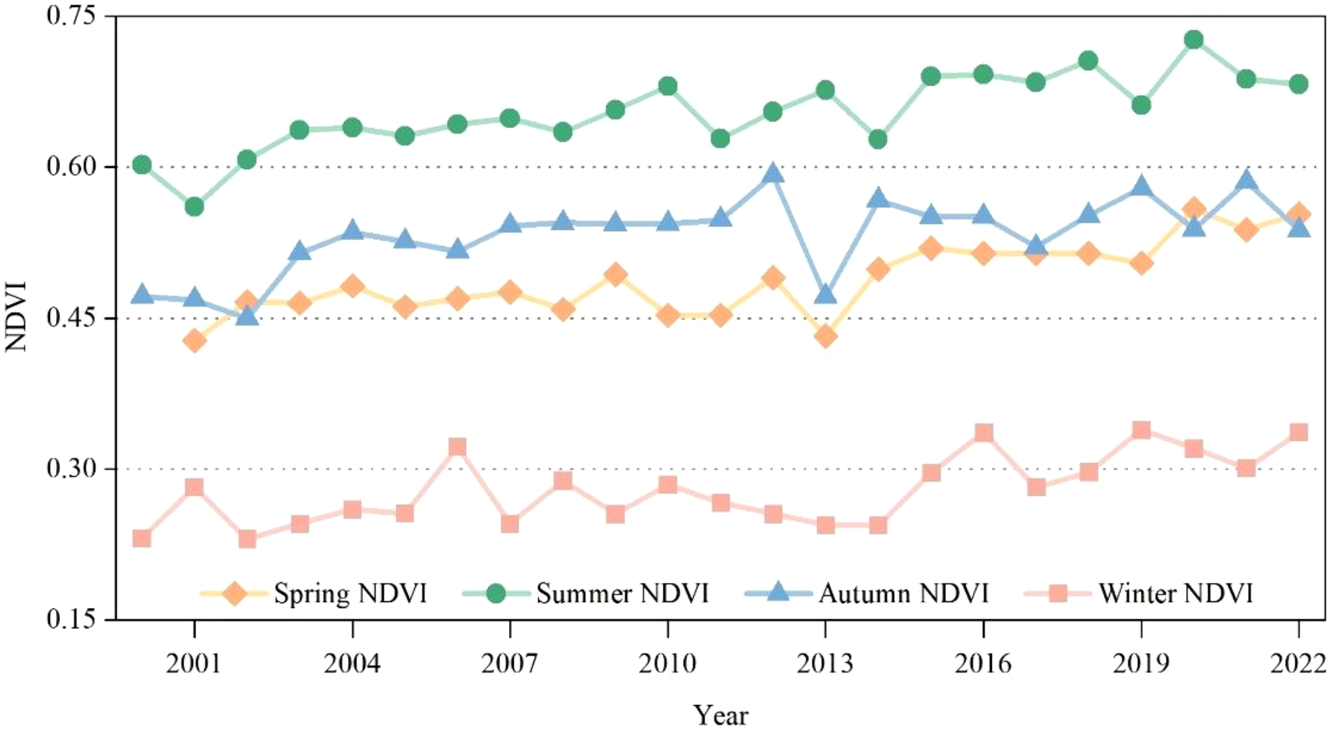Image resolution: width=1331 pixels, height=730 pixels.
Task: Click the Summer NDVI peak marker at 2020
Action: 1193,40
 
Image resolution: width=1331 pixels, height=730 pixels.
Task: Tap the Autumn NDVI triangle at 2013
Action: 825,295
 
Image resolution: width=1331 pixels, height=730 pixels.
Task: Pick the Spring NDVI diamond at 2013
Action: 825,336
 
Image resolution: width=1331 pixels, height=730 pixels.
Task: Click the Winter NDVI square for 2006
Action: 457,447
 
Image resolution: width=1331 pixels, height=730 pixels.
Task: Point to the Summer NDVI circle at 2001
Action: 194,206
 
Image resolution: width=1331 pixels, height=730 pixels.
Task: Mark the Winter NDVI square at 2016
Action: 984,432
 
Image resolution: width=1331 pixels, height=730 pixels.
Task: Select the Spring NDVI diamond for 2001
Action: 194,340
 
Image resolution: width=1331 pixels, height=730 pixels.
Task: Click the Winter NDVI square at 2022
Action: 1299,432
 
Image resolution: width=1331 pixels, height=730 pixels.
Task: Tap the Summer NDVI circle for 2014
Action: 878,140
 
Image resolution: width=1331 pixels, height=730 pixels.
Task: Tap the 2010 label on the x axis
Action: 668,664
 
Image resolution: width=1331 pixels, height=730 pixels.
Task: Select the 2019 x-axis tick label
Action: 1141,664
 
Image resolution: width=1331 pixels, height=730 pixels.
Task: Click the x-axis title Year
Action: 721,714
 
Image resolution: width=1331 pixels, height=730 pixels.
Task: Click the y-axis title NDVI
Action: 16,317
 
